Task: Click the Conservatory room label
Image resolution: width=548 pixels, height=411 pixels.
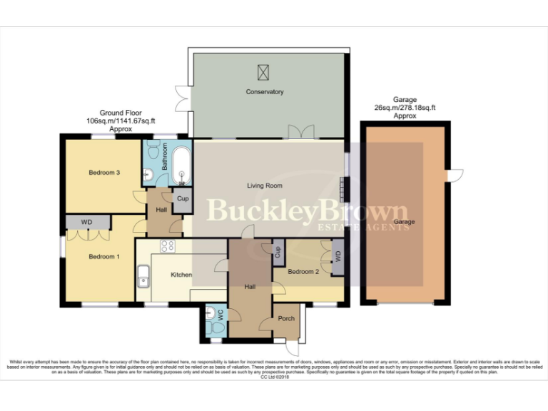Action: tap(265, 92)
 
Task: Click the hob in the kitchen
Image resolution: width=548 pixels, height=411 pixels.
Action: tap(168, 247)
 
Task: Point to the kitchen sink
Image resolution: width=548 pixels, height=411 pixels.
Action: tap(143, 275)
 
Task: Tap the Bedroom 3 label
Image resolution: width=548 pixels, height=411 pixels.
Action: tap(103, 173)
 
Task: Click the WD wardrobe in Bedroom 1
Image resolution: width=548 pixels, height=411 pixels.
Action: tap(86, 223)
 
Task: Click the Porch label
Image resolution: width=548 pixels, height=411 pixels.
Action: tap(286, 319)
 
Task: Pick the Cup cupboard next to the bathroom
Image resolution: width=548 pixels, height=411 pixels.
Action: tap(182, 199)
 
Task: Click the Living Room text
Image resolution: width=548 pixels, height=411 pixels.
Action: tap(265, 186)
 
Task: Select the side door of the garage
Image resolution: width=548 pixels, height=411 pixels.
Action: tap(455, 175)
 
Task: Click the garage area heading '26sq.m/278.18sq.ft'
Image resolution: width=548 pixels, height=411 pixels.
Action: tap(405, 108)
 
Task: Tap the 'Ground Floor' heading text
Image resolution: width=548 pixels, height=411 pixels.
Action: tap(120, 113)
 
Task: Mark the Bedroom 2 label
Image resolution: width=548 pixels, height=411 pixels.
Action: tap(303, 272)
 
